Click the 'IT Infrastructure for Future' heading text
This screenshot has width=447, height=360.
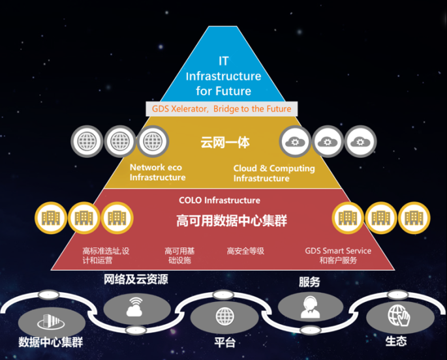[223, 76]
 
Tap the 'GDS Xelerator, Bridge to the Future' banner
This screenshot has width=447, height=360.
[221, 109]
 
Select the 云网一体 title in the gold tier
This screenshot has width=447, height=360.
[225, 142]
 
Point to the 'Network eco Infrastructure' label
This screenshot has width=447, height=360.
[157, 172]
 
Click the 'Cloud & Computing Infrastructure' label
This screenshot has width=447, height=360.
[274, 173]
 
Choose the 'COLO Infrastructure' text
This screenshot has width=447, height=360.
[219, 200]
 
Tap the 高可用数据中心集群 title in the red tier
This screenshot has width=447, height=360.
[232, 220]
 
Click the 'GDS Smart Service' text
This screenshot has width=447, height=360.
[338, 251]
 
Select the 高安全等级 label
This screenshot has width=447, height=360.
[245, 251]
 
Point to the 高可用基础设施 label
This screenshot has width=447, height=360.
[179, 256]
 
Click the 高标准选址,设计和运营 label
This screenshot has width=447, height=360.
[106, 256]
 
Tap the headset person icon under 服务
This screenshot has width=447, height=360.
[310, 307]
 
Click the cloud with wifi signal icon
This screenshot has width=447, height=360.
[134, 307]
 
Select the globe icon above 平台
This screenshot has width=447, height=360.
[225, 316]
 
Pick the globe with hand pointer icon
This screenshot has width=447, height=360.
[399, 315]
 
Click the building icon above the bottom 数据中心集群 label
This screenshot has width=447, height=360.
[51, 322]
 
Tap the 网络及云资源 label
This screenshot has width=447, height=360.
[136, 279]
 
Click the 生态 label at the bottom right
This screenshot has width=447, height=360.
[396, 341]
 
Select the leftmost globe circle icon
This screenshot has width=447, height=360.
[87, 142]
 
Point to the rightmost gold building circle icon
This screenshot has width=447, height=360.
[414, 218]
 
